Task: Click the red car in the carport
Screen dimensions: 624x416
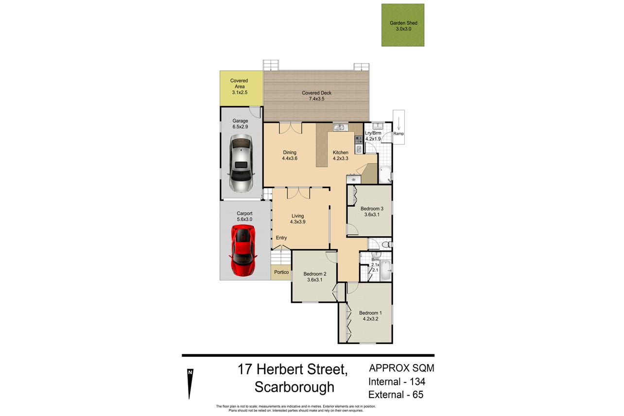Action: point(243,250)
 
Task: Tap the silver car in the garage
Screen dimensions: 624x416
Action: point(241,163)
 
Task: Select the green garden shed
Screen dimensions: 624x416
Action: point(403,25)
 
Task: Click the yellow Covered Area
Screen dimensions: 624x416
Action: point(241,88)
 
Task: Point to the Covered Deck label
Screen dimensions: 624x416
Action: point(316,93)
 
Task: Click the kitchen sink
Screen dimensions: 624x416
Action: point(340,127)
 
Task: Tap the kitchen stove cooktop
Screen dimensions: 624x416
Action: point(359,139)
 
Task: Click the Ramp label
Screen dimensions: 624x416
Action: point(399,134)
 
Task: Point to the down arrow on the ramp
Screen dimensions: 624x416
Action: point(399,123)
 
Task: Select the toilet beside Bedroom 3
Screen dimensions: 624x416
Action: point(387,244)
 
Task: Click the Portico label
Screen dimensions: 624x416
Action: point(281,272)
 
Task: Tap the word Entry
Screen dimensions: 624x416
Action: point(281,238)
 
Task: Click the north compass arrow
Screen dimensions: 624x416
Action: point(190,383)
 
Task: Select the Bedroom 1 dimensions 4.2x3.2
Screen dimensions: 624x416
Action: point(370,319)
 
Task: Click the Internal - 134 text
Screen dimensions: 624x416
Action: point(397,381)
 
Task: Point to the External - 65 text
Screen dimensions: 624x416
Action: point(396,395)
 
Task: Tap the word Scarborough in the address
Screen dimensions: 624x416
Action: point(294,387)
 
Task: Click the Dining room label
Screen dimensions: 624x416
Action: point(290,153)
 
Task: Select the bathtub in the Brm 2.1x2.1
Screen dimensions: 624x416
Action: point(385,270)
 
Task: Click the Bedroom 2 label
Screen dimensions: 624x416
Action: point(315,274)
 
